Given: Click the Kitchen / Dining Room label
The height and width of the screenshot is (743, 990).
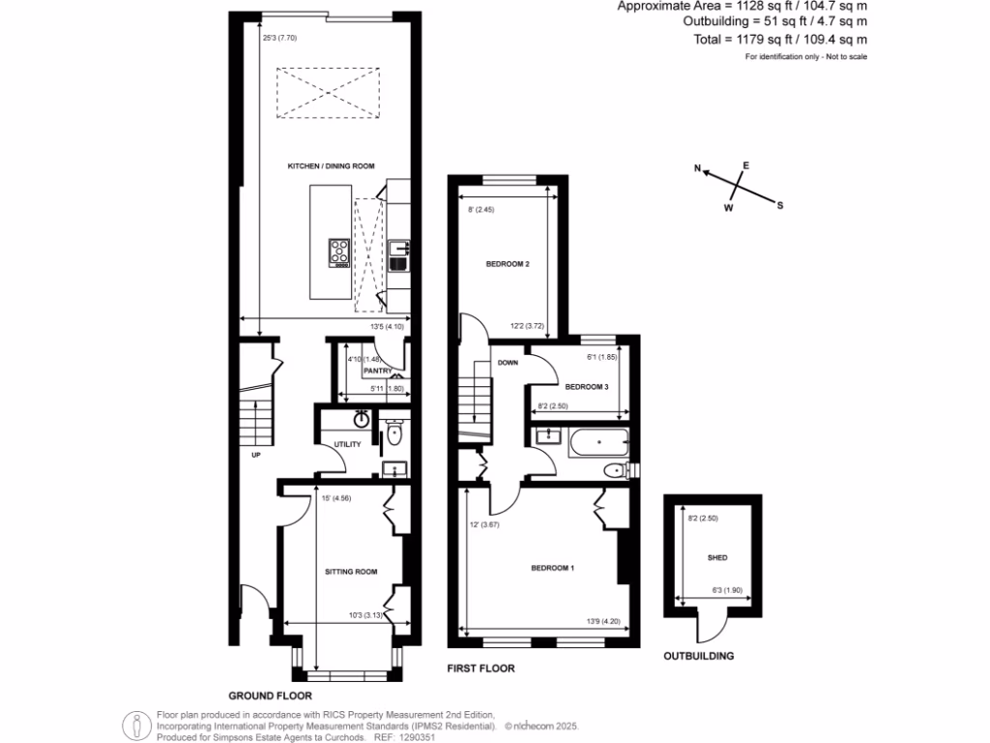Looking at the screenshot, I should click(331, 166).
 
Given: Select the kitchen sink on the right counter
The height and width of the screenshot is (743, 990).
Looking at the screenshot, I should click(400, 257).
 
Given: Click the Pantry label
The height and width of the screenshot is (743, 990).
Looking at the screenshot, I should click(376, 371).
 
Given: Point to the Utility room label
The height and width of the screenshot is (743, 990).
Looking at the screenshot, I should click(347, 444).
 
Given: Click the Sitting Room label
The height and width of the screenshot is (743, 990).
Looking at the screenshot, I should click(350, 572).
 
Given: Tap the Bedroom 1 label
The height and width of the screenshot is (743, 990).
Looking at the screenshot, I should click(553, 568).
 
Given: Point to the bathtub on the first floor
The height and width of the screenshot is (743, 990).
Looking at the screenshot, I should click(599, 442).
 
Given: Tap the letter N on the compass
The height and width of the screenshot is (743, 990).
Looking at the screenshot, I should click(697, 168).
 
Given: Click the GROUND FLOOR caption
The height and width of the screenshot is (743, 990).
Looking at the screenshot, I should click(270, 695).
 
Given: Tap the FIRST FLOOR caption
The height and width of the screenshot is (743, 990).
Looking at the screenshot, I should click(480, 669).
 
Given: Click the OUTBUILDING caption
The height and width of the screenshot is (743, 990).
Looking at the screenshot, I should click(698, 656).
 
